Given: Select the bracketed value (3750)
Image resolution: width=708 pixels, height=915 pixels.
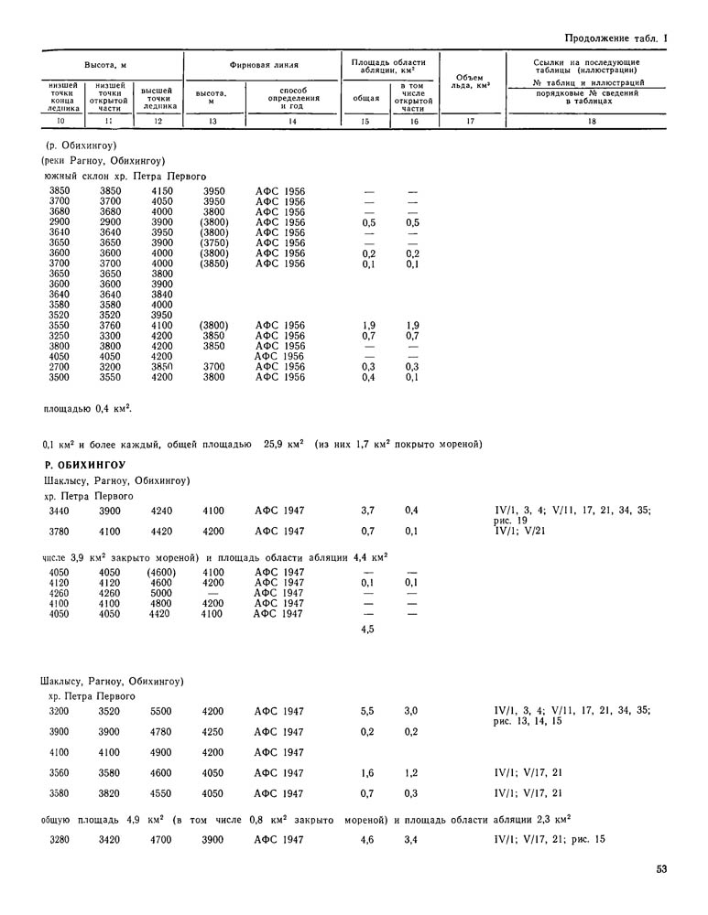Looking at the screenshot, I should pos(213,243).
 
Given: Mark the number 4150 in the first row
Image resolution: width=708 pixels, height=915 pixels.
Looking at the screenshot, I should pos(161,191).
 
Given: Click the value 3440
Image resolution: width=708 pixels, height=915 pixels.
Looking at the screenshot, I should pos(59,510).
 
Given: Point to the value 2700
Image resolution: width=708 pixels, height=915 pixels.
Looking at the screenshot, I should pos(59,366).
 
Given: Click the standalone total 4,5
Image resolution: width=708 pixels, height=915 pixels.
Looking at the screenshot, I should pos(368,630).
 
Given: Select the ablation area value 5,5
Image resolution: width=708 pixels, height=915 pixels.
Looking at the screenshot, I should pos(368,710).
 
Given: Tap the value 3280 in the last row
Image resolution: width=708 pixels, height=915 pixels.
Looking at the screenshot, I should pos(59,839).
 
